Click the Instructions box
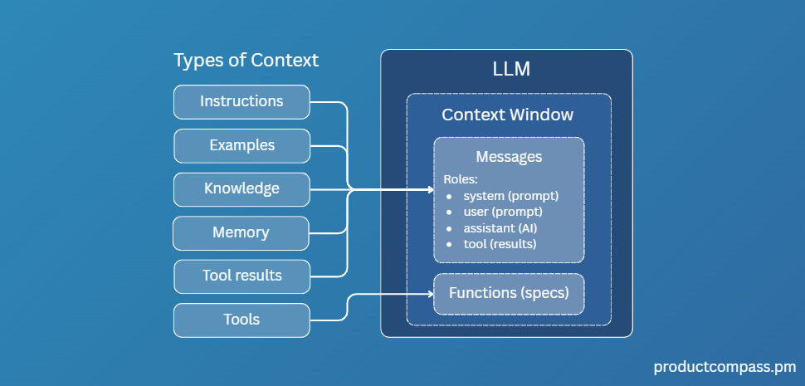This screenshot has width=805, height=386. [x=242, y=102]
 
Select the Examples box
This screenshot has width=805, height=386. [x=242, y=145]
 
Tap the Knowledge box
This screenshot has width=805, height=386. [x=242, y=188]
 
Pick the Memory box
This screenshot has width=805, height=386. [x=241, y=232]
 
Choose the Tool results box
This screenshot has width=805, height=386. [x=242, y=276]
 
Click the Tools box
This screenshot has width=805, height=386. [x=242, y=320]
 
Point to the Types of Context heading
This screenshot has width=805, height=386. [x=246, y=61]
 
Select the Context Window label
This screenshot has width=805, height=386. [x=507, y=115]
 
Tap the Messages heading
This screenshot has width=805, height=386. [x=509, y=157]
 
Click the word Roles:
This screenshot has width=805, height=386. [x=461, y=179]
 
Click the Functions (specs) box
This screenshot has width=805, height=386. [x=509, y=293]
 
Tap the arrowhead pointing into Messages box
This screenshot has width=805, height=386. [x=429, y=190]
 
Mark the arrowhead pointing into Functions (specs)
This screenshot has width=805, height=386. [x=429, y=294]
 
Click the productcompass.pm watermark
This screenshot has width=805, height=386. [x=724, y=366]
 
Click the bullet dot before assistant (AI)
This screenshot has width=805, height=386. [x=449, y=227]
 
